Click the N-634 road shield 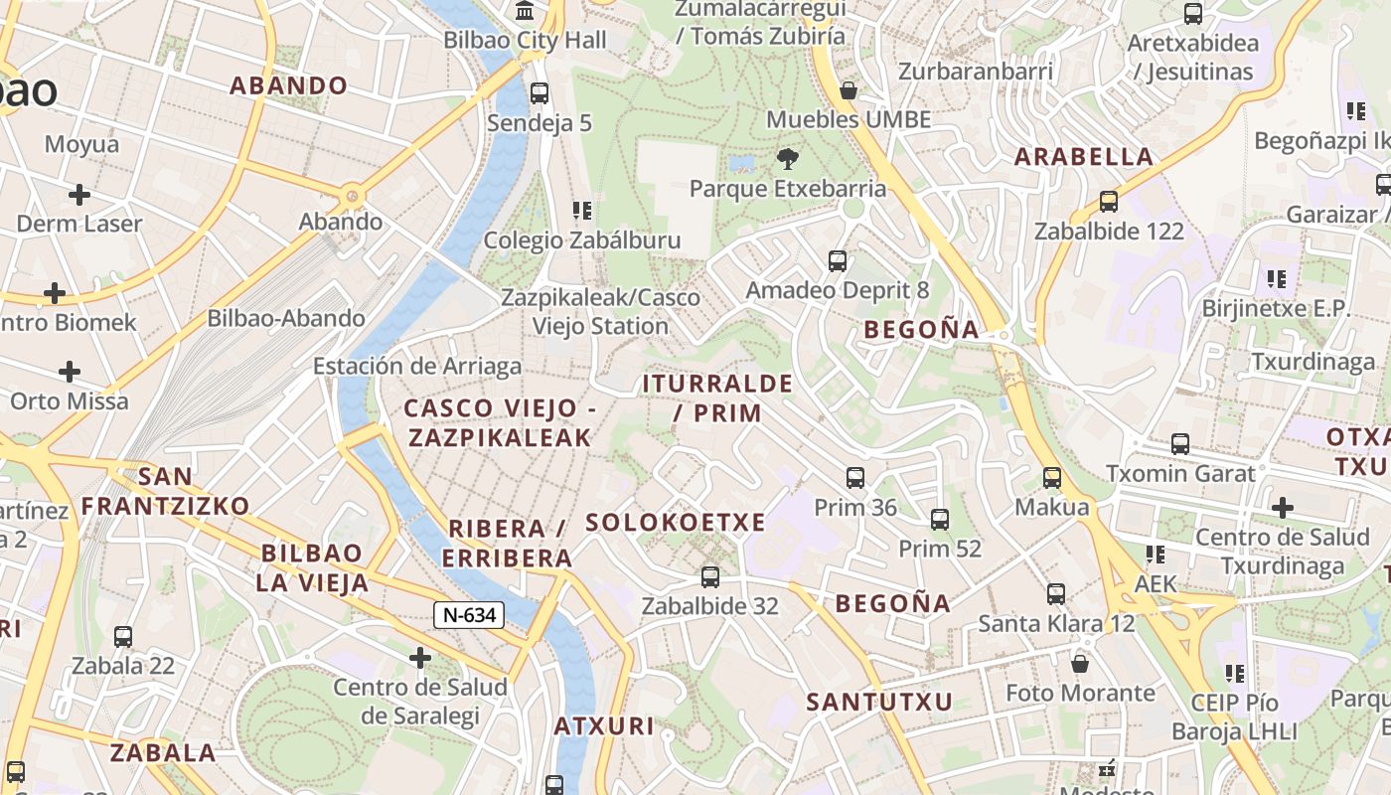469,615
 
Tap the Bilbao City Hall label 525,41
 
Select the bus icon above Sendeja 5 540,93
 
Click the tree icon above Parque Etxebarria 787,158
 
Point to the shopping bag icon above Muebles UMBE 848,90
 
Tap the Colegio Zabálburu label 582,240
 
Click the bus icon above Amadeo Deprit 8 838,261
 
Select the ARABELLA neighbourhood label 1084,156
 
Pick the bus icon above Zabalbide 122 1109,202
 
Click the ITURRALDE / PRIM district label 717,397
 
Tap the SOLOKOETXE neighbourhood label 676,523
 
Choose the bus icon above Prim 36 855,478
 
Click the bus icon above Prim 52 940,519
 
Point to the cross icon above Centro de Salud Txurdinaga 1283,508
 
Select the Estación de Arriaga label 417,366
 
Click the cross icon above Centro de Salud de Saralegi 420,657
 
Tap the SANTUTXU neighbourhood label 879,702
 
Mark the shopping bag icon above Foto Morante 1080,663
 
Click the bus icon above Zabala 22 123,637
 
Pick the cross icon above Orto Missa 70,372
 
